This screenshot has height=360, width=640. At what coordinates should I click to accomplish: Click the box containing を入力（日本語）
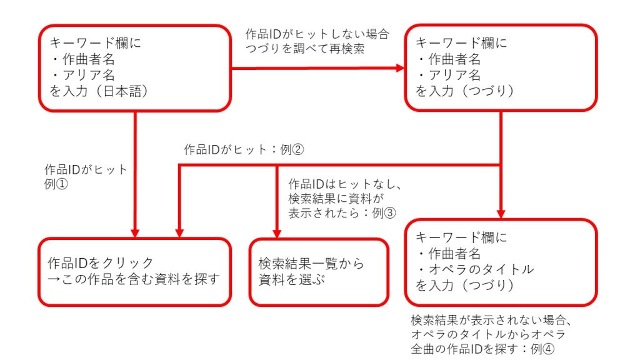135,68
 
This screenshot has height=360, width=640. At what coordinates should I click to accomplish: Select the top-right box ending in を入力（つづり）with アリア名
501,68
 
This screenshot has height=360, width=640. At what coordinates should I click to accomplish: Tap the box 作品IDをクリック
135,271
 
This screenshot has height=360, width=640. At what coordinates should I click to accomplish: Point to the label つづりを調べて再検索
305,47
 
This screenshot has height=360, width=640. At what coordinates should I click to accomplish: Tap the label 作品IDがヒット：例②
243,150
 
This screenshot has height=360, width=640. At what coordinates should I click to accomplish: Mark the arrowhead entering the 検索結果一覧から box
277,232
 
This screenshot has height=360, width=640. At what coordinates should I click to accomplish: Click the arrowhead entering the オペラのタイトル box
501,212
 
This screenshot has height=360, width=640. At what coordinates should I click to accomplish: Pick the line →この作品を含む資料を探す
134,279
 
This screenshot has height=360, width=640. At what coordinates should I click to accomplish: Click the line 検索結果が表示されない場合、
492,320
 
